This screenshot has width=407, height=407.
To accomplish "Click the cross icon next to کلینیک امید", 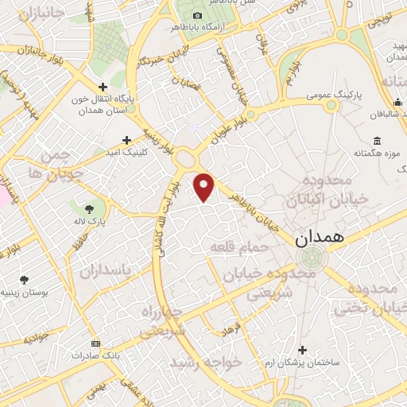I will [126, 139].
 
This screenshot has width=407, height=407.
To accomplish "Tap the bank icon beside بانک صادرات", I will [96, 343].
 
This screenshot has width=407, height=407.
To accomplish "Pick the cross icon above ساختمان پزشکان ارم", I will [301, 350].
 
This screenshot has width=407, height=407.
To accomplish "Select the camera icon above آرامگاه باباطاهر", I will [197, 15].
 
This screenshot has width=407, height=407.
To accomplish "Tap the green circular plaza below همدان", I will [311, 257].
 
